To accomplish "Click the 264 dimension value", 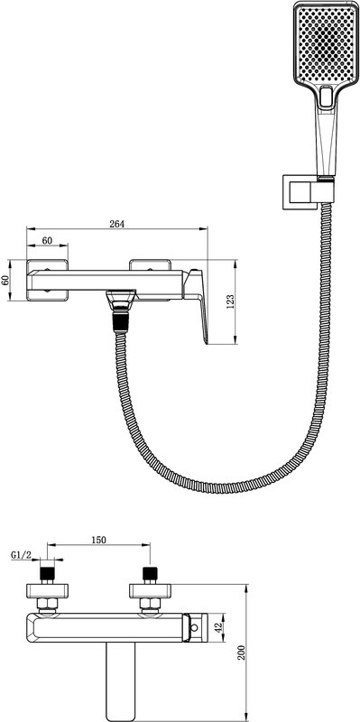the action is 117,224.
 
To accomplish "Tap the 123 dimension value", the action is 231,301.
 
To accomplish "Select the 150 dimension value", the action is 99,540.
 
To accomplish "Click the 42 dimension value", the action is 219,626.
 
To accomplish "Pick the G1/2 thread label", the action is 21,556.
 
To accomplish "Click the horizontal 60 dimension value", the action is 47,240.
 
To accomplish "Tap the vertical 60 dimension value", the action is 5,281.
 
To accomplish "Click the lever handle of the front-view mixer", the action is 197,305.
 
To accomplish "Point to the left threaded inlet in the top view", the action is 47,573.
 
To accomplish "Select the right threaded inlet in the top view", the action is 150,573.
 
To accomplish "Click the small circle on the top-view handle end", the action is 195,627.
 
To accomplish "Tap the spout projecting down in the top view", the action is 121,680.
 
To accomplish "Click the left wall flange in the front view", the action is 47,281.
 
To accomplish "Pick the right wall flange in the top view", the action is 150,591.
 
